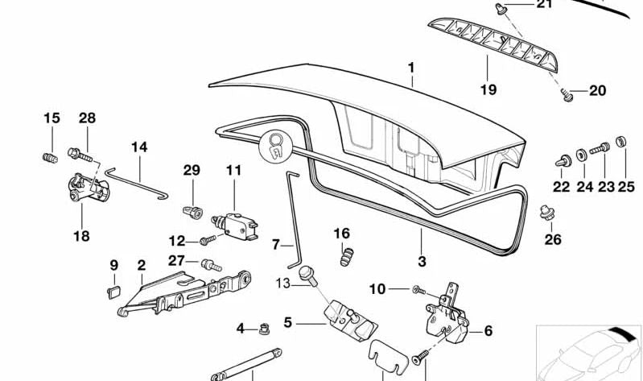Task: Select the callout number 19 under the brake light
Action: [488, 89]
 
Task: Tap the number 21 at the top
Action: [545, 6]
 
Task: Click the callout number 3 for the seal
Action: [422, 260]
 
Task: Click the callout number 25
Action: [625, 187]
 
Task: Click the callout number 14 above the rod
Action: [139, 147]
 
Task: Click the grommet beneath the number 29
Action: [191, 211]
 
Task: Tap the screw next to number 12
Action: [207, 239]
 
